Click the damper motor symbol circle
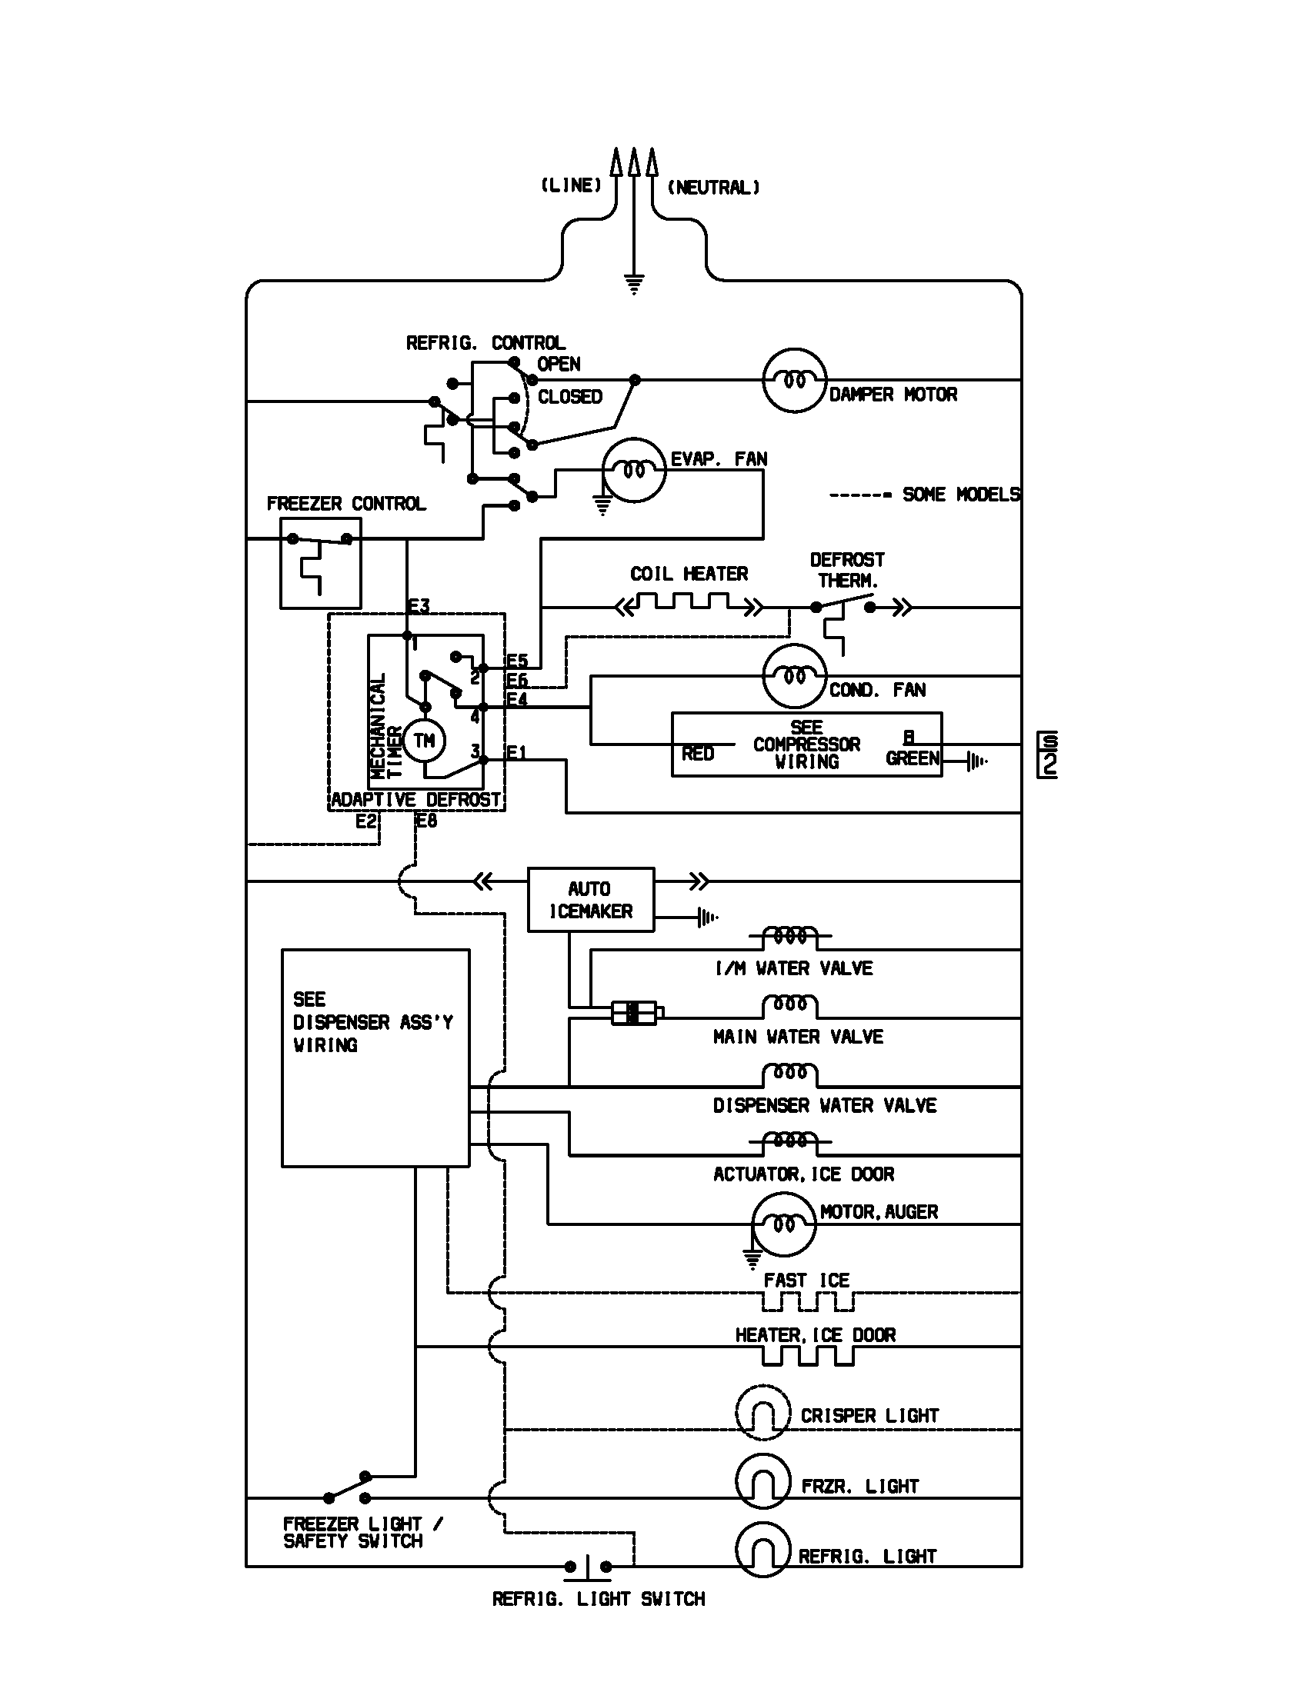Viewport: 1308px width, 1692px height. click(794, 380)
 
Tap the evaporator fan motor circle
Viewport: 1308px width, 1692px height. click(634, 470)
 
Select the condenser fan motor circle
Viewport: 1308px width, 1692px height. click(794, 675)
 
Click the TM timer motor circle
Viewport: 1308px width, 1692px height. click(423, 741)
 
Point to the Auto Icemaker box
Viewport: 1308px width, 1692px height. click(590, 900)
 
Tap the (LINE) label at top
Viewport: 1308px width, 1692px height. click(571, 185)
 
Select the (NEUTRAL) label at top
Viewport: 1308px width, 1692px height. click(713, 188)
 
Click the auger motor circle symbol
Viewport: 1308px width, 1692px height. click(783, 1224)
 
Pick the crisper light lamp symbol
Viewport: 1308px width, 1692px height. click(762, 1412)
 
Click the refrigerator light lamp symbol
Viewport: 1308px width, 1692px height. click(762, 1550)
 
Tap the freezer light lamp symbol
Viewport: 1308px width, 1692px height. click(762, 1480)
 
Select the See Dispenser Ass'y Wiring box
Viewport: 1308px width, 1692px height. click(375, 1057)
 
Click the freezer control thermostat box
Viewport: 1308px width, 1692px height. click(320, 563)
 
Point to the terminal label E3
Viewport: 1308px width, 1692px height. click(419, 607)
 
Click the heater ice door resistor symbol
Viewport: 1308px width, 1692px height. click(807, 1356)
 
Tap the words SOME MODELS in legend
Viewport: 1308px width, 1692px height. click(961, 495)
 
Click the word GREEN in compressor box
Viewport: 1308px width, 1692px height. click(912, 758)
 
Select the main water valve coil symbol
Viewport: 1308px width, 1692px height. click(789, 1006)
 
